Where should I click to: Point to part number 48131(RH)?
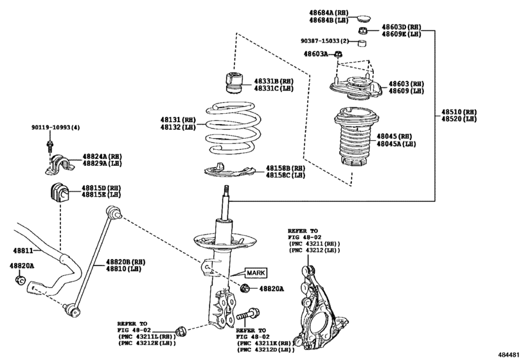(178, 120)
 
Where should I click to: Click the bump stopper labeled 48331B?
(233, 84)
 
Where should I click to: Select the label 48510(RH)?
(459, 112)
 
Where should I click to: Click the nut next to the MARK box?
(244, 289)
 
